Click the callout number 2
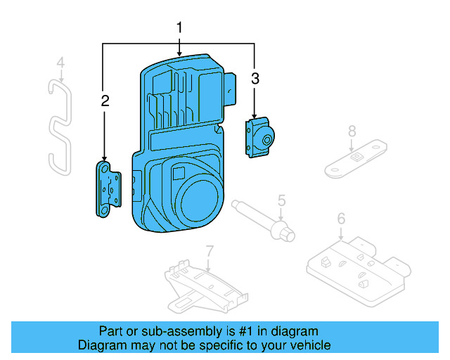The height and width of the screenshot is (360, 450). [105, 101]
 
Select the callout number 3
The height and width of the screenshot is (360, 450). [255, 79]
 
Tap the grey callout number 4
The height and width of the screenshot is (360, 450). [60, 63]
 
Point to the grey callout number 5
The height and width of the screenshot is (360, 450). [281, 201]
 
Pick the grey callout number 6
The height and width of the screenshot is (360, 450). [341, 219]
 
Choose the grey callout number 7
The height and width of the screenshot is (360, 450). [209, 250]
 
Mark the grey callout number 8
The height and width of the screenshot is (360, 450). [352, 130]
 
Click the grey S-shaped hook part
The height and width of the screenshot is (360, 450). [58, 127]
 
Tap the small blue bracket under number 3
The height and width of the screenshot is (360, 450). [259, 137]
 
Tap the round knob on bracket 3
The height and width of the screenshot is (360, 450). [267, 139]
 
